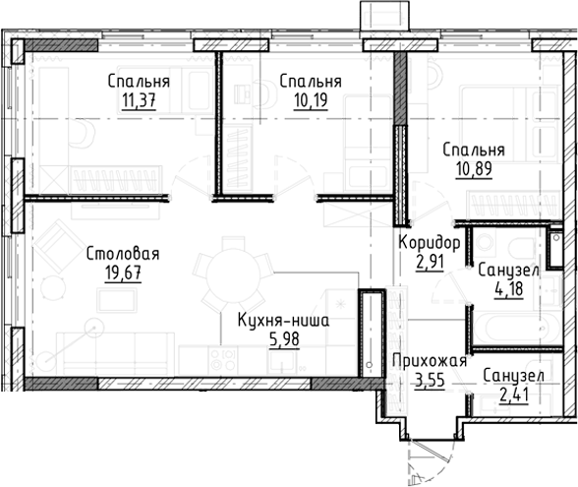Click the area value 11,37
point(139,100)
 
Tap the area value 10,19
point(311,99)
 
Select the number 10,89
point(474,169)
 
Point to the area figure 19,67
point(123,274)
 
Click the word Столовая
point(123,254)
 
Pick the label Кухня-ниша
point(283,321)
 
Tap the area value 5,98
point(284,339)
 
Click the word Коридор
point(430,244)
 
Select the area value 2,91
point(430,263)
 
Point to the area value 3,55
point(430,381)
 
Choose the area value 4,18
point(509,289)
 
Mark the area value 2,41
point(514,396)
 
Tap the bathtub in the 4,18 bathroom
point(517,328)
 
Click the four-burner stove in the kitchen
point(222,360)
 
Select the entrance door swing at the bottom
point(432,461)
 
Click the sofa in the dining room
point(115,353)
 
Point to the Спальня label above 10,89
point(474,151)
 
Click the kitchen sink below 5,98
point(282,361)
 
